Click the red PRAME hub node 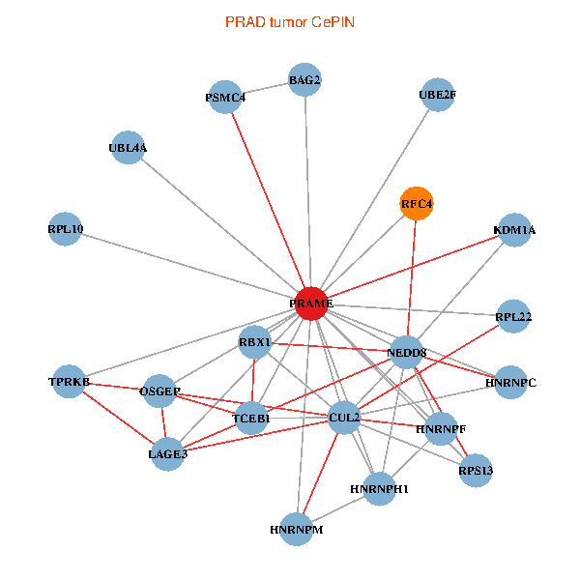point(311,304)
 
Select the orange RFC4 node point(417,204)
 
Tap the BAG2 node point(304,80)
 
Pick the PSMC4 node point(225,98)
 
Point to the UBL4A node point(129,148)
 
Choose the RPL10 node point(66,229)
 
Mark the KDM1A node point(514,230)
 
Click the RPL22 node point(514,316)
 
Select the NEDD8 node point(406,353)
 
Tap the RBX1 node point(255,343)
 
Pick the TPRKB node point(70,382)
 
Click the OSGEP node point(159,391)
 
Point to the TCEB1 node point(251,418)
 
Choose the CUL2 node point(344,418)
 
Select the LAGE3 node point(168,453)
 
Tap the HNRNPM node point(297,530)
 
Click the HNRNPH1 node point(380,488)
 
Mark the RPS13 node point(476,471)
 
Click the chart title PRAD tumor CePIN point(289,21)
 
